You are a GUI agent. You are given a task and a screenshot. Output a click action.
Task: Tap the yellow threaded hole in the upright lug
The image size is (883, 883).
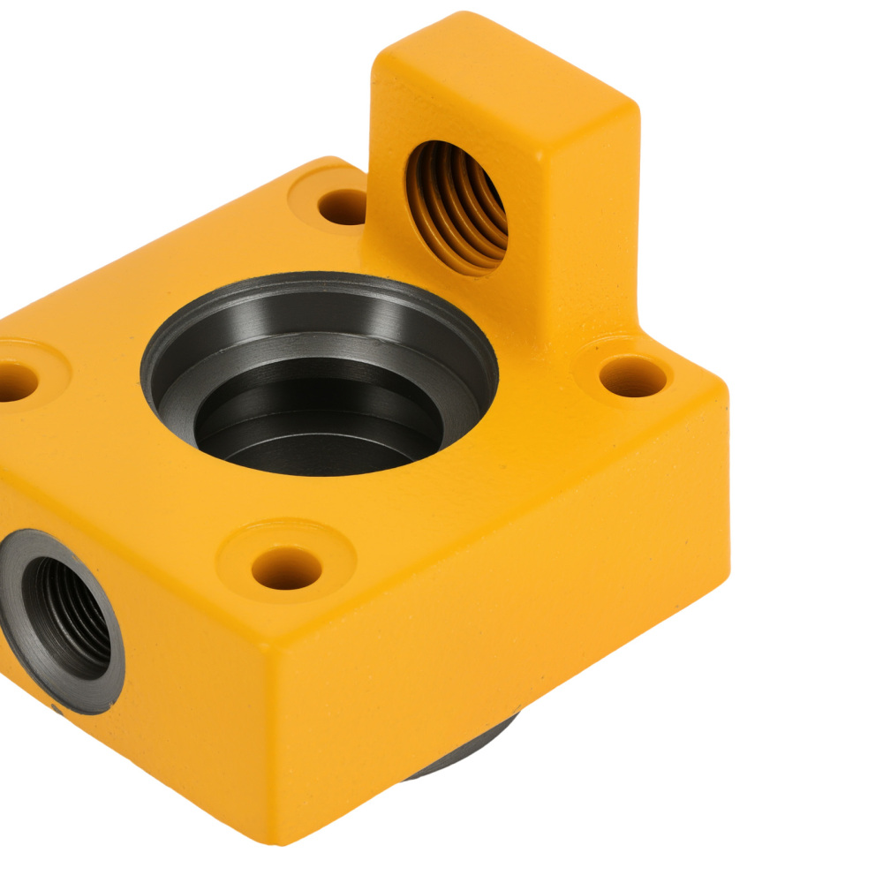457,208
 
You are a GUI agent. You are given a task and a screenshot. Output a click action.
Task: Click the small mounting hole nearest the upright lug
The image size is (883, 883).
343,207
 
